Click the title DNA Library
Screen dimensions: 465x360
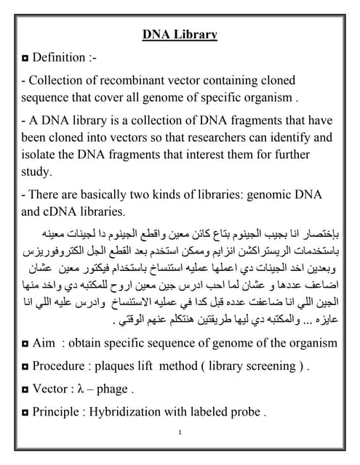(179, 33)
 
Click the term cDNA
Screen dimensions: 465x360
(63, 212)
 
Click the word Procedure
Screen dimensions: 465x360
(64, 365)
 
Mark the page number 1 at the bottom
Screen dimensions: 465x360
(179, 433)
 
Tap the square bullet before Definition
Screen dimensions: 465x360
(25, 57)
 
